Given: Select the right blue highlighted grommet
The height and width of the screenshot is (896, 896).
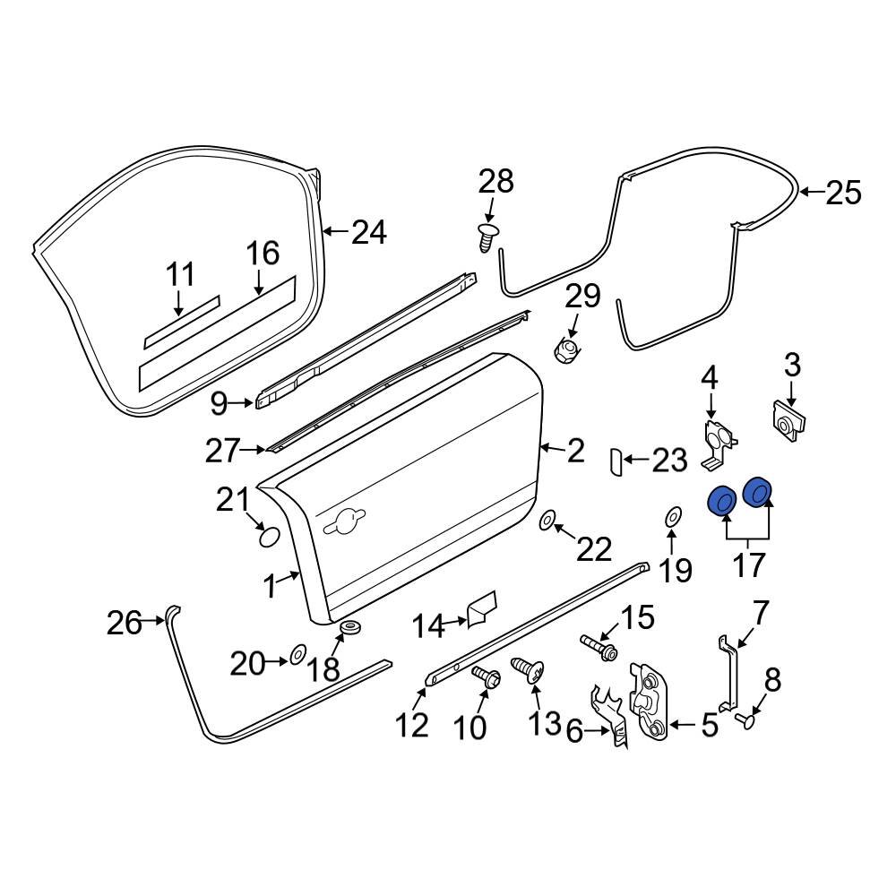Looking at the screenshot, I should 758,493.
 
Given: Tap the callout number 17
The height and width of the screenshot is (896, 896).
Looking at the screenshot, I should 749,564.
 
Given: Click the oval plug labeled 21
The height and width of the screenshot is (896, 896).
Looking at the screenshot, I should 268,537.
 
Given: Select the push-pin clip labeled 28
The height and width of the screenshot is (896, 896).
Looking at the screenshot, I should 487,238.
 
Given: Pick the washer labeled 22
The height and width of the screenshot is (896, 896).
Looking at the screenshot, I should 547,520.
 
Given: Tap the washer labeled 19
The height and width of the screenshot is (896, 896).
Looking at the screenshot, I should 672,516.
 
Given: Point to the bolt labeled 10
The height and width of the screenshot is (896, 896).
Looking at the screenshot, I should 487,678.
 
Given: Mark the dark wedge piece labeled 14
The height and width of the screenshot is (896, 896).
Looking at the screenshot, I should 482,608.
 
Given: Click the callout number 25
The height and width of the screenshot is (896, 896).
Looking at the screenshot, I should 842,193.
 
